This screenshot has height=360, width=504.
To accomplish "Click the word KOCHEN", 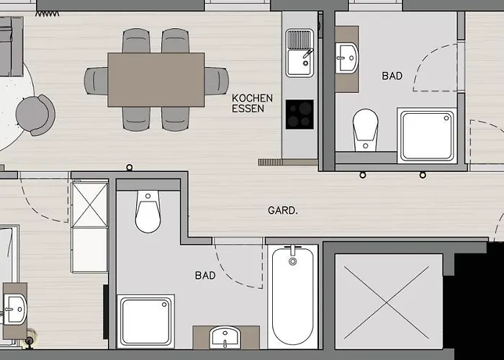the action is point(252,98).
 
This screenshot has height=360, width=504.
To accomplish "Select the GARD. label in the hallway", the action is point(283,210).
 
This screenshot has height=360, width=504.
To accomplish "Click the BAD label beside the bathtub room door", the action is point(205,276).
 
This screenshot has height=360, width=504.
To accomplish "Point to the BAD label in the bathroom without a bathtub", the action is point(392,76).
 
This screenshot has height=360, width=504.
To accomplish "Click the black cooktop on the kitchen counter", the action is point(300,114).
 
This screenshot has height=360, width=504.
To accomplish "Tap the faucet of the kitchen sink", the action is point(307,54).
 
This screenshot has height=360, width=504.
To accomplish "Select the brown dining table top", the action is point(156,80).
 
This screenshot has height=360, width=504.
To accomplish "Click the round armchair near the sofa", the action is point(35,114).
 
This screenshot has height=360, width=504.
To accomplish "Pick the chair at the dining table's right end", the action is point(217,81).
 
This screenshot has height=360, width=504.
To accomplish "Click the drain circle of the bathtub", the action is point(292,261).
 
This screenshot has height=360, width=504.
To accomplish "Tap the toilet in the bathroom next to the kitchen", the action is point(366,130).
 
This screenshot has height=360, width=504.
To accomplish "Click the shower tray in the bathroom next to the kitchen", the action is point(428,135).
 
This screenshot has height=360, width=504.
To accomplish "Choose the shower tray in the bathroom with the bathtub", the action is point(145,321).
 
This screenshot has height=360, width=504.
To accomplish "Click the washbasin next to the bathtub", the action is point(225,338).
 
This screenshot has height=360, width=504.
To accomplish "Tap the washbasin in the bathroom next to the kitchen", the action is point(347,58).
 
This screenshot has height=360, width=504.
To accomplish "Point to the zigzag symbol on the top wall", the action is point(48,14).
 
